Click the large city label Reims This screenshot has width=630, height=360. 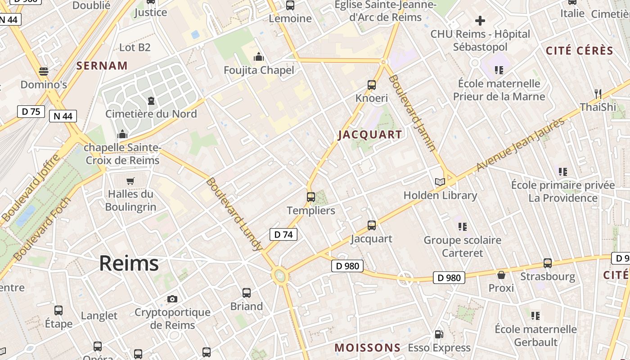coord(129,263)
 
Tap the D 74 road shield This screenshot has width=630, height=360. coord(283,234)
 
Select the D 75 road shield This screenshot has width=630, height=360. coord(31,112)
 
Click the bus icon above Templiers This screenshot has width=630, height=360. coord(311,197)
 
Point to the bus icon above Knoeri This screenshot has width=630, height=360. coord(372,85)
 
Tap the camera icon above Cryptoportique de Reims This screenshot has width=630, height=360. coord(172,299)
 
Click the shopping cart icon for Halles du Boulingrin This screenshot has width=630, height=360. coord(130,181)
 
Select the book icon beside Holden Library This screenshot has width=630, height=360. coord(440,182)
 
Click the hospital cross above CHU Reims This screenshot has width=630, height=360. coord(480,20)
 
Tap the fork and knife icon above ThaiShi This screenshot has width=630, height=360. coord(598,94)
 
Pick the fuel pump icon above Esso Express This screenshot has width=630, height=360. coord(439,334)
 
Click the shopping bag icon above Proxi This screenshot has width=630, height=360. coord(501,274)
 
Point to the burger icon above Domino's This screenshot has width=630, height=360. coord(44,71)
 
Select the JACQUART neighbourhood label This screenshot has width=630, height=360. coord(370,135)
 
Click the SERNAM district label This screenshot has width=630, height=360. coord(102,66)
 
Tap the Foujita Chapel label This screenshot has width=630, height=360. coord(259,70)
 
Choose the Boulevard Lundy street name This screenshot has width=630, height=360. coord(234,214)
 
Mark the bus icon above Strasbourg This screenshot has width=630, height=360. coord(548,263)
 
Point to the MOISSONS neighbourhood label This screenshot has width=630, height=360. coord(368,347)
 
